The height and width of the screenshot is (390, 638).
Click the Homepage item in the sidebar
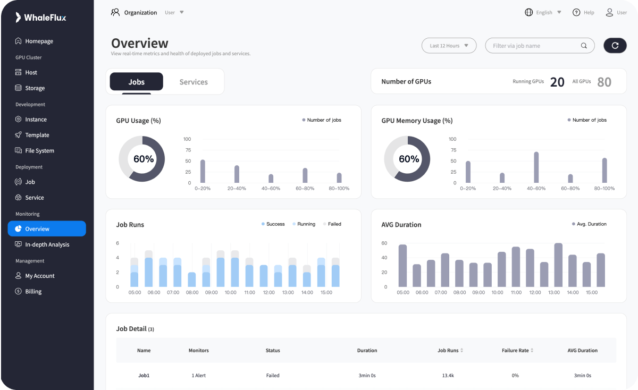coord(39,41)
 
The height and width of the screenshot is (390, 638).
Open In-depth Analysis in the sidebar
coord(47,244)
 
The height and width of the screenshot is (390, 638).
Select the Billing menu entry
coord(33,291)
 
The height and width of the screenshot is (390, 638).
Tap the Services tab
coord(194,82)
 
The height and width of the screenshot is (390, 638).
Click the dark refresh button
coord(615,45)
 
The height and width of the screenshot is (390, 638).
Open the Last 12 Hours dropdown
coord(449,46)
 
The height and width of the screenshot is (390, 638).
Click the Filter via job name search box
coord(534,46)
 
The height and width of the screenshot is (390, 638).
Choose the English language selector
coord(543,12)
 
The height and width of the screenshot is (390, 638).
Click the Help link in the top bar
coord(583,12)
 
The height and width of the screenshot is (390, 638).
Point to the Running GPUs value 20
coord(557,82)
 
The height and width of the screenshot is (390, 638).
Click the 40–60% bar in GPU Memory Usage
coord(536,167)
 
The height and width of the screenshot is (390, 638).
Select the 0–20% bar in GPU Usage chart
coord(203,171)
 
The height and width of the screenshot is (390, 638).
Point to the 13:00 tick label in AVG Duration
coord(554,293)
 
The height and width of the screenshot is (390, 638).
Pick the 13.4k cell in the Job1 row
coord(447,376)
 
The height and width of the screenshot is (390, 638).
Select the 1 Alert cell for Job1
coord(198,376)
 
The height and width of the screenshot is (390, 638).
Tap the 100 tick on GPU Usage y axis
coord(187,139)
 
